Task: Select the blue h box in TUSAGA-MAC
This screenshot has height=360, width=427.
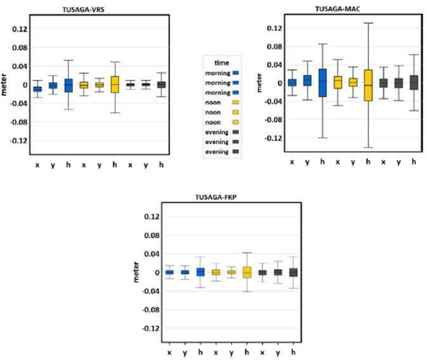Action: click(322, 83)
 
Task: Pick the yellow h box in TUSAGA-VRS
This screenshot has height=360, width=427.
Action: click(115, 84)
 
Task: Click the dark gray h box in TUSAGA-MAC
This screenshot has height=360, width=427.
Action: click(414, 83)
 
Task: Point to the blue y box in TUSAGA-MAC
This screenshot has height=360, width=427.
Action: click(307, 80)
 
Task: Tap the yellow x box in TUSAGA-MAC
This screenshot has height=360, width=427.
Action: click(338, 82)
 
